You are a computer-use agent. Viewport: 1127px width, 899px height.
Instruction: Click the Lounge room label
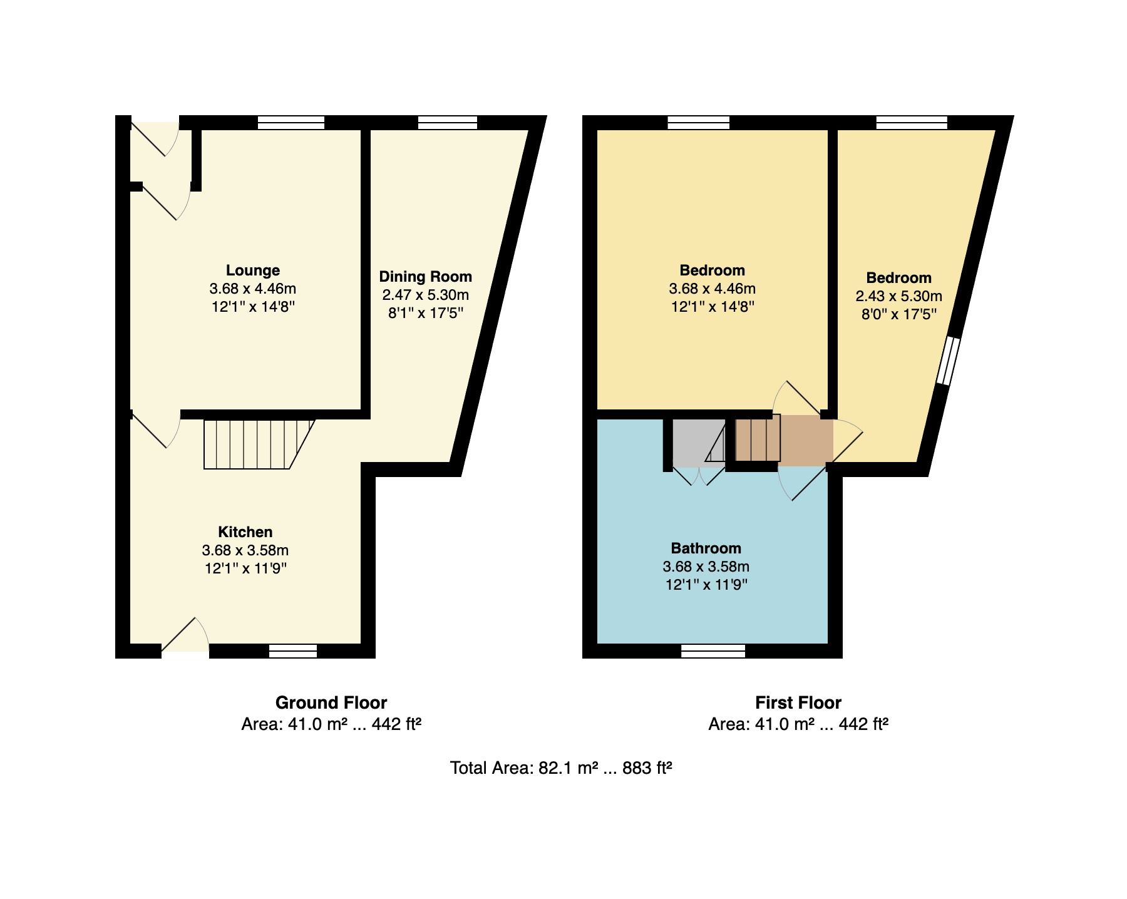coord(253,270)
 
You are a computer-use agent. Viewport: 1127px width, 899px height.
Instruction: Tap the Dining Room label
coord(425,277)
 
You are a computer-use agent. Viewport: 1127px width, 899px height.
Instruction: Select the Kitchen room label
coord(245,532)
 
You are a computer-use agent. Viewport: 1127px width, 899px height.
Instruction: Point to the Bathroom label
coord(706,548)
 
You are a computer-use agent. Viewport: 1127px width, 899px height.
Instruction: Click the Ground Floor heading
coord(331,702)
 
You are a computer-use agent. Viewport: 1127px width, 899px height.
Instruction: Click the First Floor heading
coord(798,702)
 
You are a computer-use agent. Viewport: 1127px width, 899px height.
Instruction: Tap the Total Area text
coord(561,768)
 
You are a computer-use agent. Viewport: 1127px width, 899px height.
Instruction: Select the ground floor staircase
coord(259,444)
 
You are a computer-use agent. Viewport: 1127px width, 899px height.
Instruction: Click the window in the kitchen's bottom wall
coord(293,651)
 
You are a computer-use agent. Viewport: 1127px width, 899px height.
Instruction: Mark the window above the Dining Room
coord(448,123)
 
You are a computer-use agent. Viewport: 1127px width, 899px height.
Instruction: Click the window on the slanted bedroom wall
coord(948,361)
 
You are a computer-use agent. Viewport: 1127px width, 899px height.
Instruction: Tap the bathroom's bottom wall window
coord(713,651)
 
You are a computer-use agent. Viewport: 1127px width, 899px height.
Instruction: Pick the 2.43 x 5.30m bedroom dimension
coord(898,296)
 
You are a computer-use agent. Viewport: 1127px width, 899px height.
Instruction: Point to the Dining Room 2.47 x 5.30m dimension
coord(425,295)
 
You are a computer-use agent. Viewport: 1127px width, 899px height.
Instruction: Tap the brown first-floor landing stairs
coord(758,439)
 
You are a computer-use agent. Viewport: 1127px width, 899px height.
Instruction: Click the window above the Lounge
coord(291,123)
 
